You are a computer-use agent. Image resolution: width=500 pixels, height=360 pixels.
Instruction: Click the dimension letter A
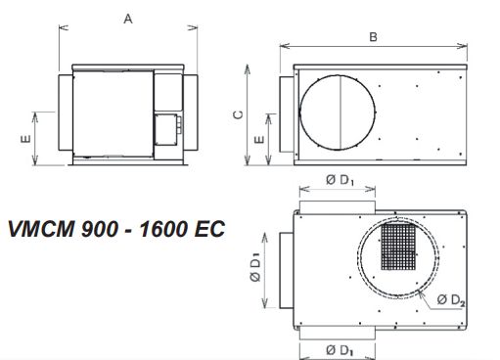click(128, 18)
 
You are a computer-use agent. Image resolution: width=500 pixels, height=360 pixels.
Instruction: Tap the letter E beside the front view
click(24, 138)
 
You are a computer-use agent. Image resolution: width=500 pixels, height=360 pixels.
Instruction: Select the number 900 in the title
click(106, 230)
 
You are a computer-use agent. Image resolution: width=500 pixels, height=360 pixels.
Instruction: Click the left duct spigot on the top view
click(284, 268)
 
